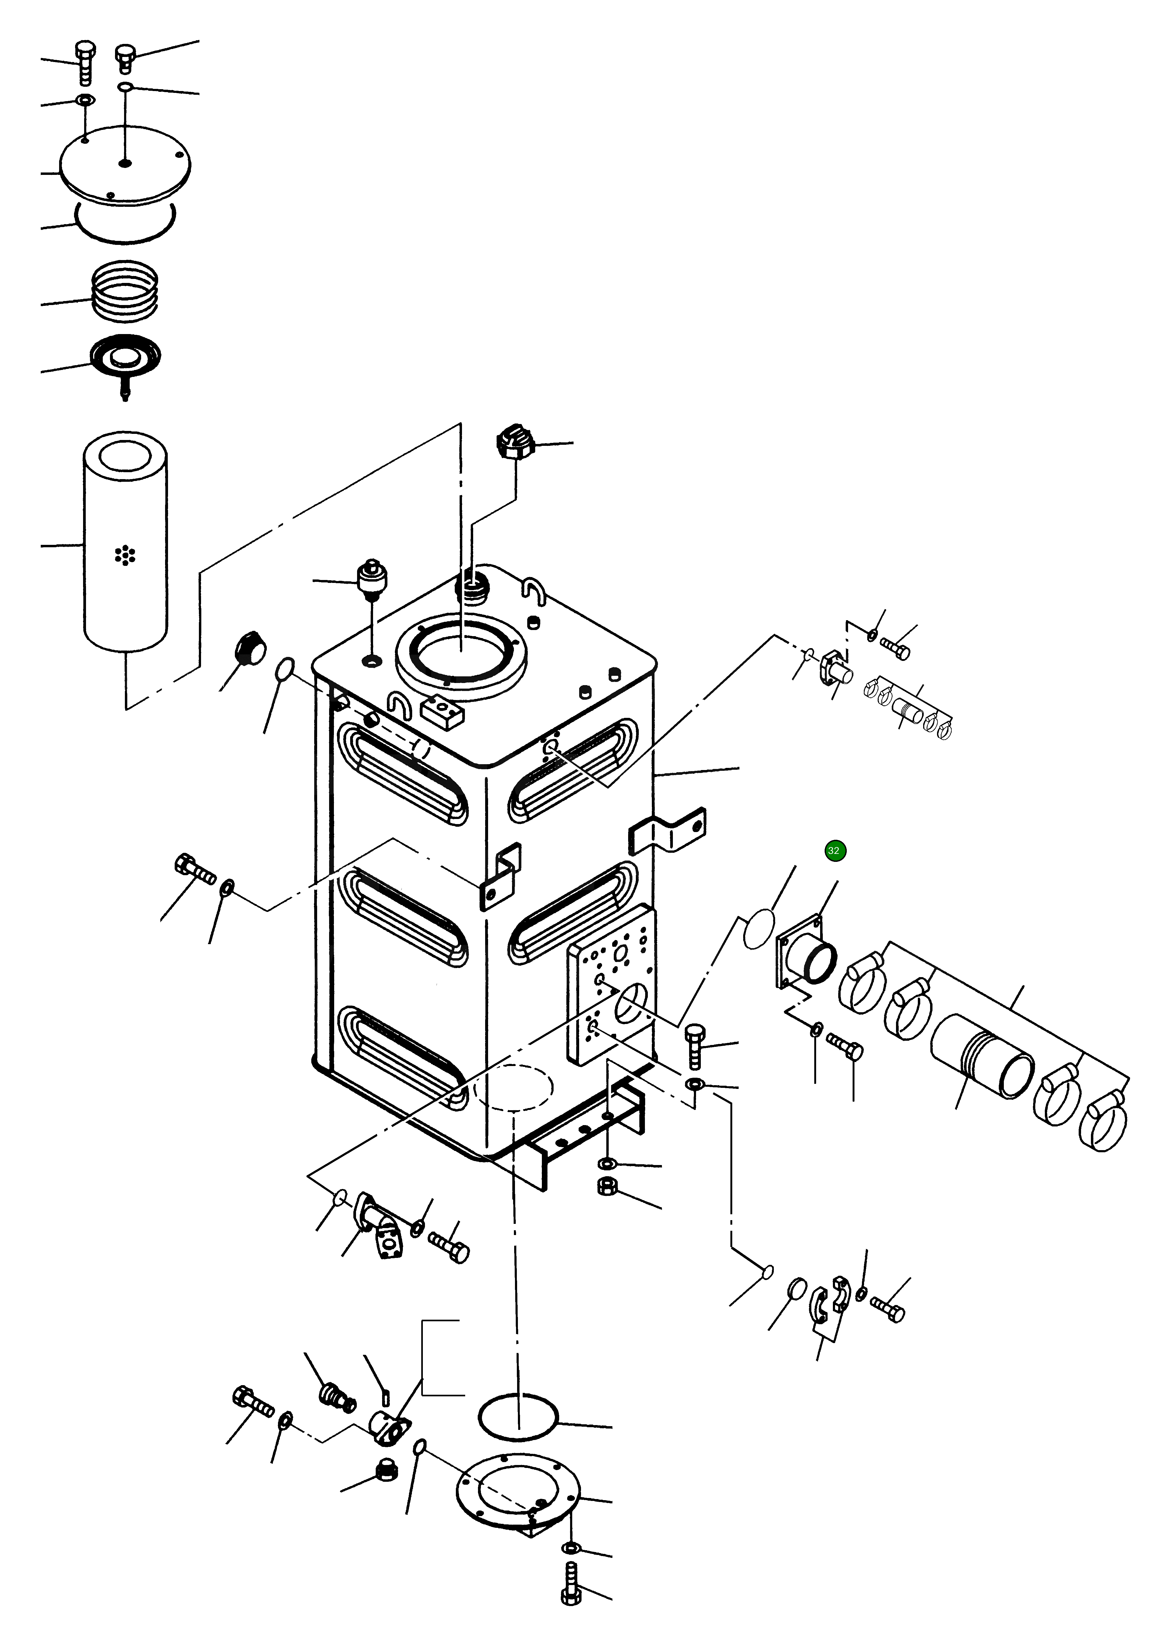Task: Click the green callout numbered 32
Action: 833,850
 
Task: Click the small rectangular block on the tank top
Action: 442,712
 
